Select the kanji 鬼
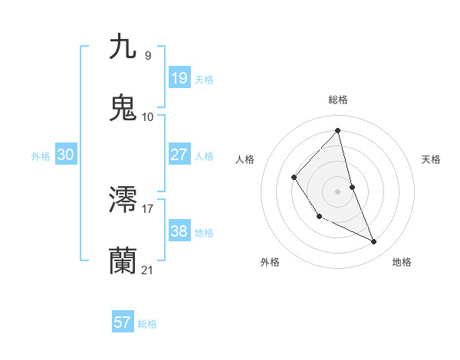[123, 108]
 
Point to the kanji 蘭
[123, 260]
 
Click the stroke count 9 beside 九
[148, 55]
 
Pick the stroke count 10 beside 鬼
[148, 117]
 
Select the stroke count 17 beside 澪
[148, 208]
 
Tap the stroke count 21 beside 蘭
[148, 270]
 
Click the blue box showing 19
[179, 78]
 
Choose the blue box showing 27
[179, 154]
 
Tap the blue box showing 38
[179, 231]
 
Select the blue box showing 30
[65, 155]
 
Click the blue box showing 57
[123, 322]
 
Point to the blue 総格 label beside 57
[147, 324]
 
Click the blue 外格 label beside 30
[41, 156]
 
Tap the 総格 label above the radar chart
[338, 100]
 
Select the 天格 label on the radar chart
[432, 159]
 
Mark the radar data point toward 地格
[374, 241]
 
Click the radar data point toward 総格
[338, 131]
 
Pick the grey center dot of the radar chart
[338, 191]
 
